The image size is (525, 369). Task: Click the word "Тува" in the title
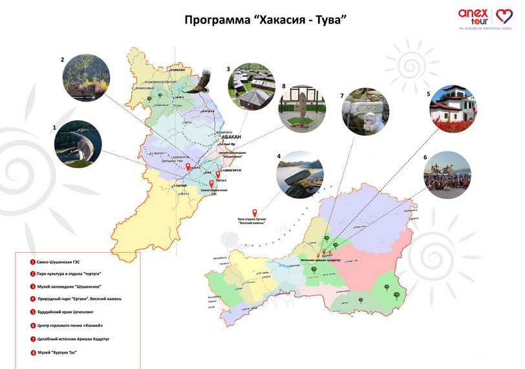(x=330, y=20)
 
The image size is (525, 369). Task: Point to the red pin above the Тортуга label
(x=218, y=174)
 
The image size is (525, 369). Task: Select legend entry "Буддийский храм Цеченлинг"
(x=64, y=310)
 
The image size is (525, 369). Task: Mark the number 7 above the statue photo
(x=342, y=95)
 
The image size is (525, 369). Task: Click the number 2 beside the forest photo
(x=63, y=60)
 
